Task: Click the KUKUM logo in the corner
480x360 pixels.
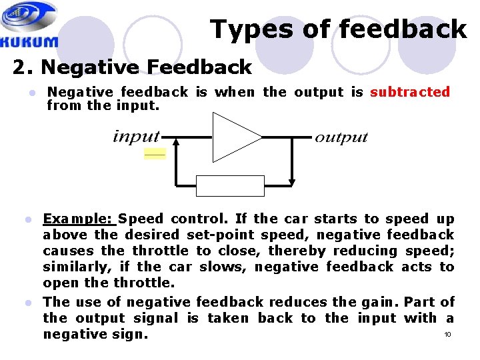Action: click(x=30, y=25)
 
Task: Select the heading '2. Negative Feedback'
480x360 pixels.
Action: click(x=132, y=67)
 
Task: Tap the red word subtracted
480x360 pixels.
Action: click(x=410, y=92)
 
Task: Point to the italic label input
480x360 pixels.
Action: click(x=137, y=137)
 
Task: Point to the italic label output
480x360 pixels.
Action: click(x=341, y=137)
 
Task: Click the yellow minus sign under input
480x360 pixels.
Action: click(x=155, y=155)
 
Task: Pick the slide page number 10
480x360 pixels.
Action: click(x=447, y=334)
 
